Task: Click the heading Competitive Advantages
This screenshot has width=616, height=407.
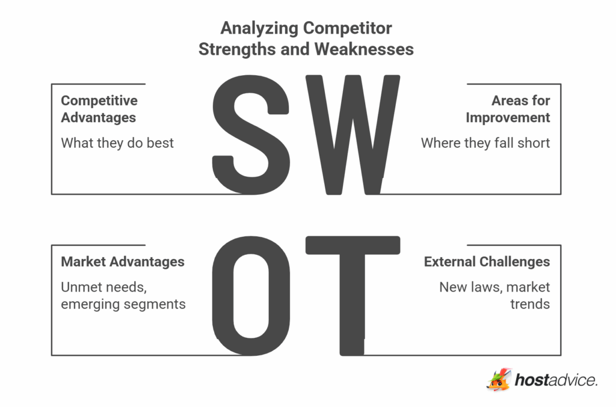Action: (x=99, y=109)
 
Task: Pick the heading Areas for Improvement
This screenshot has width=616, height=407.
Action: (x=508, y=109)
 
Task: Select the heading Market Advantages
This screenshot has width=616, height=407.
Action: (x=123, y=262)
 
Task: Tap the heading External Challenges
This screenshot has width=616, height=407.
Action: (x=487, y=262)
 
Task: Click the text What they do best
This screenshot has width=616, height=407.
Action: (x=117, y=143)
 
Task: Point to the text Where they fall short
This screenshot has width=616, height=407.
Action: (x=485, y=143)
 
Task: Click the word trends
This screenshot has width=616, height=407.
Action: (x=530, y=304)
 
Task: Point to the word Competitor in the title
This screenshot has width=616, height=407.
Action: (x=348, y=28)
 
